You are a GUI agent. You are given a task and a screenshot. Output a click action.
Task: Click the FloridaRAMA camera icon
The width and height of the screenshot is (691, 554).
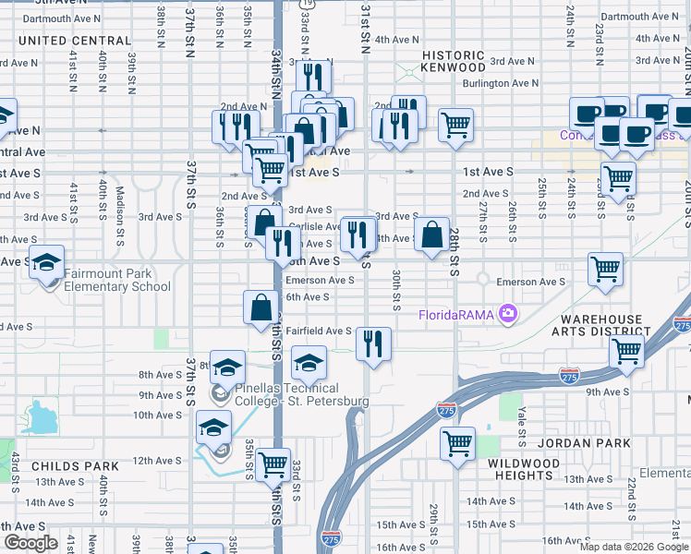pyautogui.click(x=507, y=315)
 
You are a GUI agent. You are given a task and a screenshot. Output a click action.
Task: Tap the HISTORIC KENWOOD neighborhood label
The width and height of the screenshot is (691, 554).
pyautogui.click(x=454, y=62)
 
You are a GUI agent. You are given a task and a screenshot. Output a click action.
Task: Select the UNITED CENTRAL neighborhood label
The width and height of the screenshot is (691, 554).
pyautogui.click(x=74, y=41)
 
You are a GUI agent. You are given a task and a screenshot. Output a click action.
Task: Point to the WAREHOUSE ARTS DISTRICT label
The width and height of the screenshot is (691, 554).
pyautogui.click(x=601, y=326)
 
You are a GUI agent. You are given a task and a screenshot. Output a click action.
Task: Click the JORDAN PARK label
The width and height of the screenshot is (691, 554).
pyautogui.click(x=588, y=443)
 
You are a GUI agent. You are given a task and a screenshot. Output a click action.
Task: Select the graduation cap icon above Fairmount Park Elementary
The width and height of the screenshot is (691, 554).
pyautogui.click(x=46, y=263)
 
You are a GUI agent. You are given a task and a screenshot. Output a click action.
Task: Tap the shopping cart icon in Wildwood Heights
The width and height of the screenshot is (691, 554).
pyautogui.click(x=457, y=444)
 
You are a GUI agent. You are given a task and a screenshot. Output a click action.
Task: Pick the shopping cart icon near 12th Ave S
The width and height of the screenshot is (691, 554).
pyautogui.click(x=273, y=465)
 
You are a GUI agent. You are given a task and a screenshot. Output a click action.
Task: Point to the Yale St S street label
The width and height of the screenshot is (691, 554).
pyautogui.click(x=522, y=421)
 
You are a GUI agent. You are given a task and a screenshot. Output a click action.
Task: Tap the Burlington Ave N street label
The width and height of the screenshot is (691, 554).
pyautogui.click(x=500, y=83)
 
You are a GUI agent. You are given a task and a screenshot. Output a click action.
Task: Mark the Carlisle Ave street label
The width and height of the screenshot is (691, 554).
pyautogui.click(x=315, y=226)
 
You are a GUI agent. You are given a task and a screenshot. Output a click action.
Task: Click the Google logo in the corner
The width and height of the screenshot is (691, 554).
pyautogui.click(x=30, y=543)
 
